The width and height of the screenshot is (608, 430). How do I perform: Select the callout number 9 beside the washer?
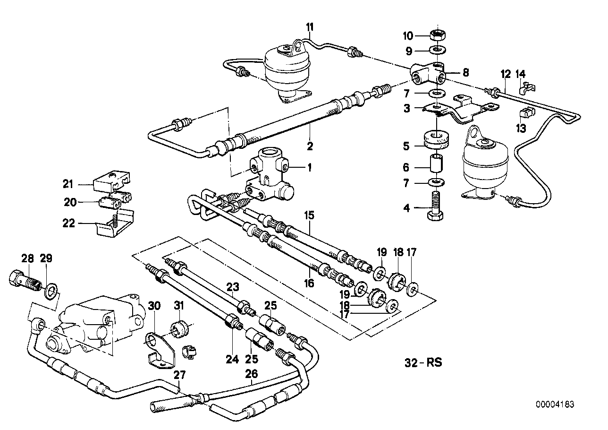(408, 51)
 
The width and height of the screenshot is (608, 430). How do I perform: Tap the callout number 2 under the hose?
(310, 146)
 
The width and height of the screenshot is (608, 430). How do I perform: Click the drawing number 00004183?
(555, 404)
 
